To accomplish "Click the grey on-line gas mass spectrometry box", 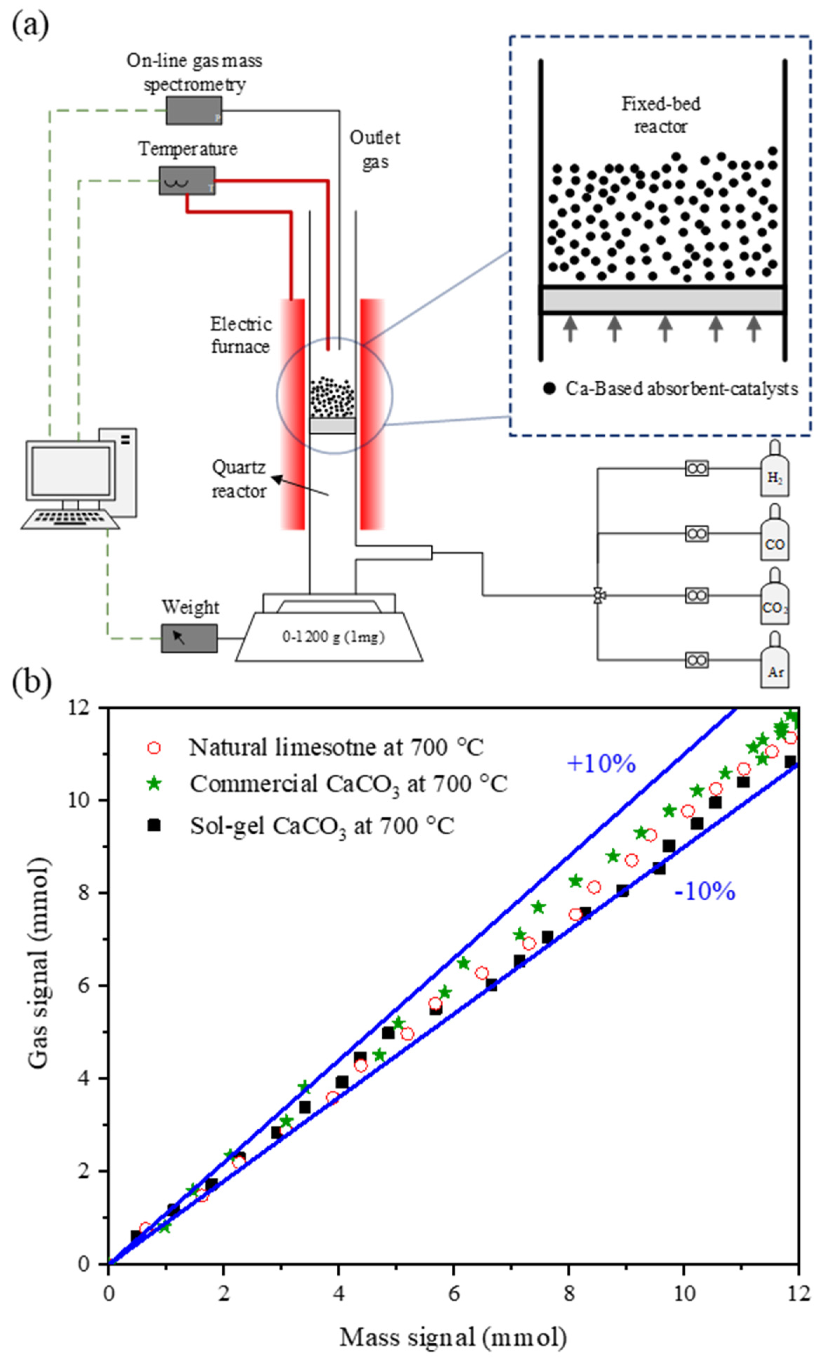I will coord(194,110).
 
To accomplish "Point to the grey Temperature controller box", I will coord(187,180).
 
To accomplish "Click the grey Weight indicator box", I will coord(189,639).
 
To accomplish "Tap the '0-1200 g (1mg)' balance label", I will coord(333,637).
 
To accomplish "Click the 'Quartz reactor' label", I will coord(239,479).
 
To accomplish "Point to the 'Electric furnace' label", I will coord(241,335).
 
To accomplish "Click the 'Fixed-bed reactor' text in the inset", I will coord(660,115).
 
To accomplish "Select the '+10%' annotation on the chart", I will coord(601,763).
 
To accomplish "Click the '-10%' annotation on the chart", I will coord(705,891).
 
